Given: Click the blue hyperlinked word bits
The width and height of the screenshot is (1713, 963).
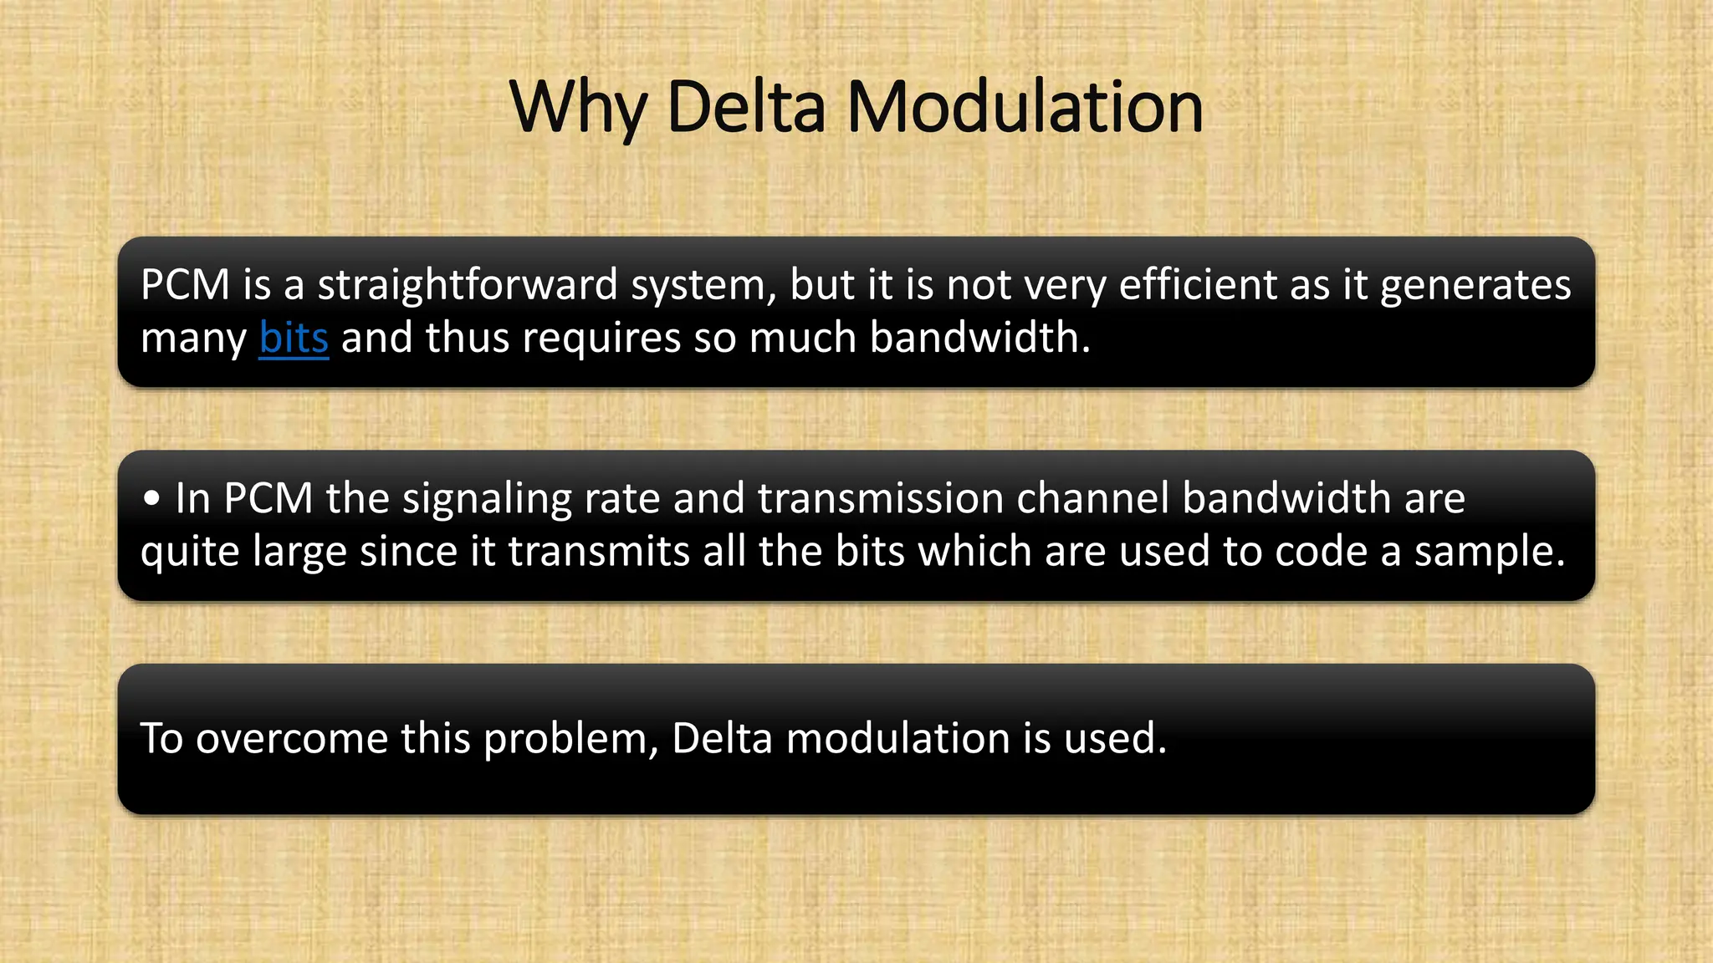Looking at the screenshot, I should [x=294, y=338].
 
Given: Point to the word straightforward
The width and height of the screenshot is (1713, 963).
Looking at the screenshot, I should [x=468, y=285].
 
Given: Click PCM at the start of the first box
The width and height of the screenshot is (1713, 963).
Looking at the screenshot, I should [x=185, y=285].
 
